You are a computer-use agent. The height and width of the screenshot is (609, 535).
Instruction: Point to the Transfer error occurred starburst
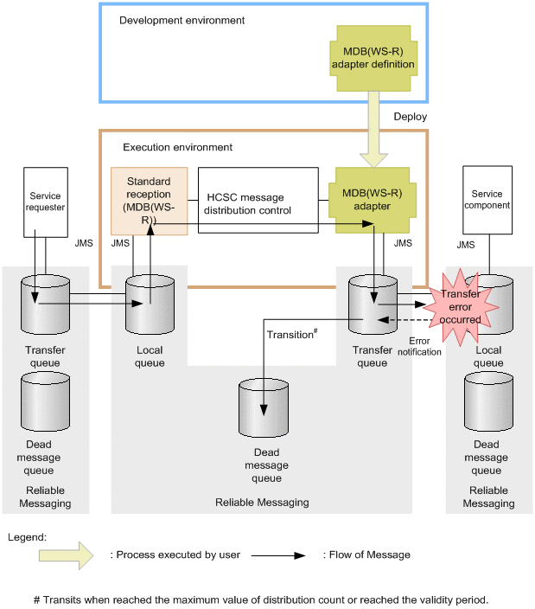[462, 301]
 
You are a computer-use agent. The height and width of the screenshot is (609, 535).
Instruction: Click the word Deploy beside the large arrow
[410, 116]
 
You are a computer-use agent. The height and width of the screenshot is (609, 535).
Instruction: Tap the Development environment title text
[182, 20]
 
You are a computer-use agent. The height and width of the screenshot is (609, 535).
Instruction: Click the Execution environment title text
[177, 148]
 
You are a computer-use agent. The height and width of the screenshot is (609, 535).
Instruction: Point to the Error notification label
[424, 345]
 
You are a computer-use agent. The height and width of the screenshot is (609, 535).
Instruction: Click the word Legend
[26, 536]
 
